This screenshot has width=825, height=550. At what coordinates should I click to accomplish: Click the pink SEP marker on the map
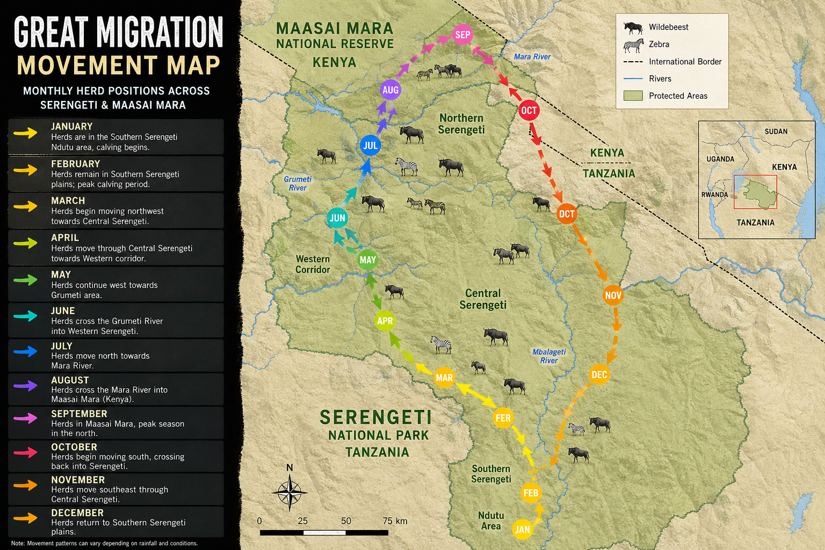(x=462, y=35)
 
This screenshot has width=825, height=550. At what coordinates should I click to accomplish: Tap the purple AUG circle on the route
(x=390, y=90)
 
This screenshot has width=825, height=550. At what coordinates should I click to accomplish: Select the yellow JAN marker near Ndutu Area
(x=522, y=529)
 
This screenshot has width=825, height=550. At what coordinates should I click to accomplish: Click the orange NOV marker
(x=613, y=295)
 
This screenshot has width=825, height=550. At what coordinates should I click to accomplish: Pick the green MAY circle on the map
(x=368, y=260)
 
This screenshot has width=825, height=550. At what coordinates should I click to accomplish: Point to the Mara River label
(x=532, y=57)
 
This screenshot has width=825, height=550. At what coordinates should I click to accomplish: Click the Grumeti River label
(x=298, y=183)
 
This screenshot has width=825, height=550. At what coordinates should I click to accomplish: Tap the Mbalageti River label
(x=549, y=356)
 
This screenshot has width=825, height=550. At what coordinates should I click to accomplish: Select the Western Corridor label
(x=313, y=264)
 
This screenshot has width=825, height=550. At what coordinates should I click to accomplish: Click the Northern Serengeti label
(x=461, y=124)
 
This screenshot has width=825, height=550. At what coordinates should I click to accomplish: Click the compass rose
(x=290, y=492)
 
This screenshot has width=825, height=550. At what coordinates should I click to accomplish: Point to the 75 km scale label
(x=395, y=521)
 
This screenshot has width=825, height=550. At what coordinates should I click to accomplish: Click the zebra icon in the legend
(x=633, y=45)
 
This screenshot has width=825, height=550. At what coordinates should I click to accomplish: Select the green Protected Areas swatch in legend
(x=633, y=96)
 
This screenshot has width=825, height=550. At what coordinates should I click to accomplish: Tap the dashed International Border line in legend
(x=633, y=62)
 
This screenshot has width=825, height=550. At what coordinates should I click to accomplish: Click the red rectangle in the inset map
(x=755, y=192)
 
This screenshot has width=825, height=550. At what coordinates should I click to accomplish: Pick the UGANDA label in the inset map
(x=720, y=159)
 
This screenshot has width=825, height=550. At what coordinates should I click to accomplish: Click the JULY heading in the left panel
(x=62, y=346)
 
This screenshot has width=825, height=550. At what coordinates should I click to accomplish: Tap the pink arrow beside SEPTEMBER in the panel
(x=25, y=418)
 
